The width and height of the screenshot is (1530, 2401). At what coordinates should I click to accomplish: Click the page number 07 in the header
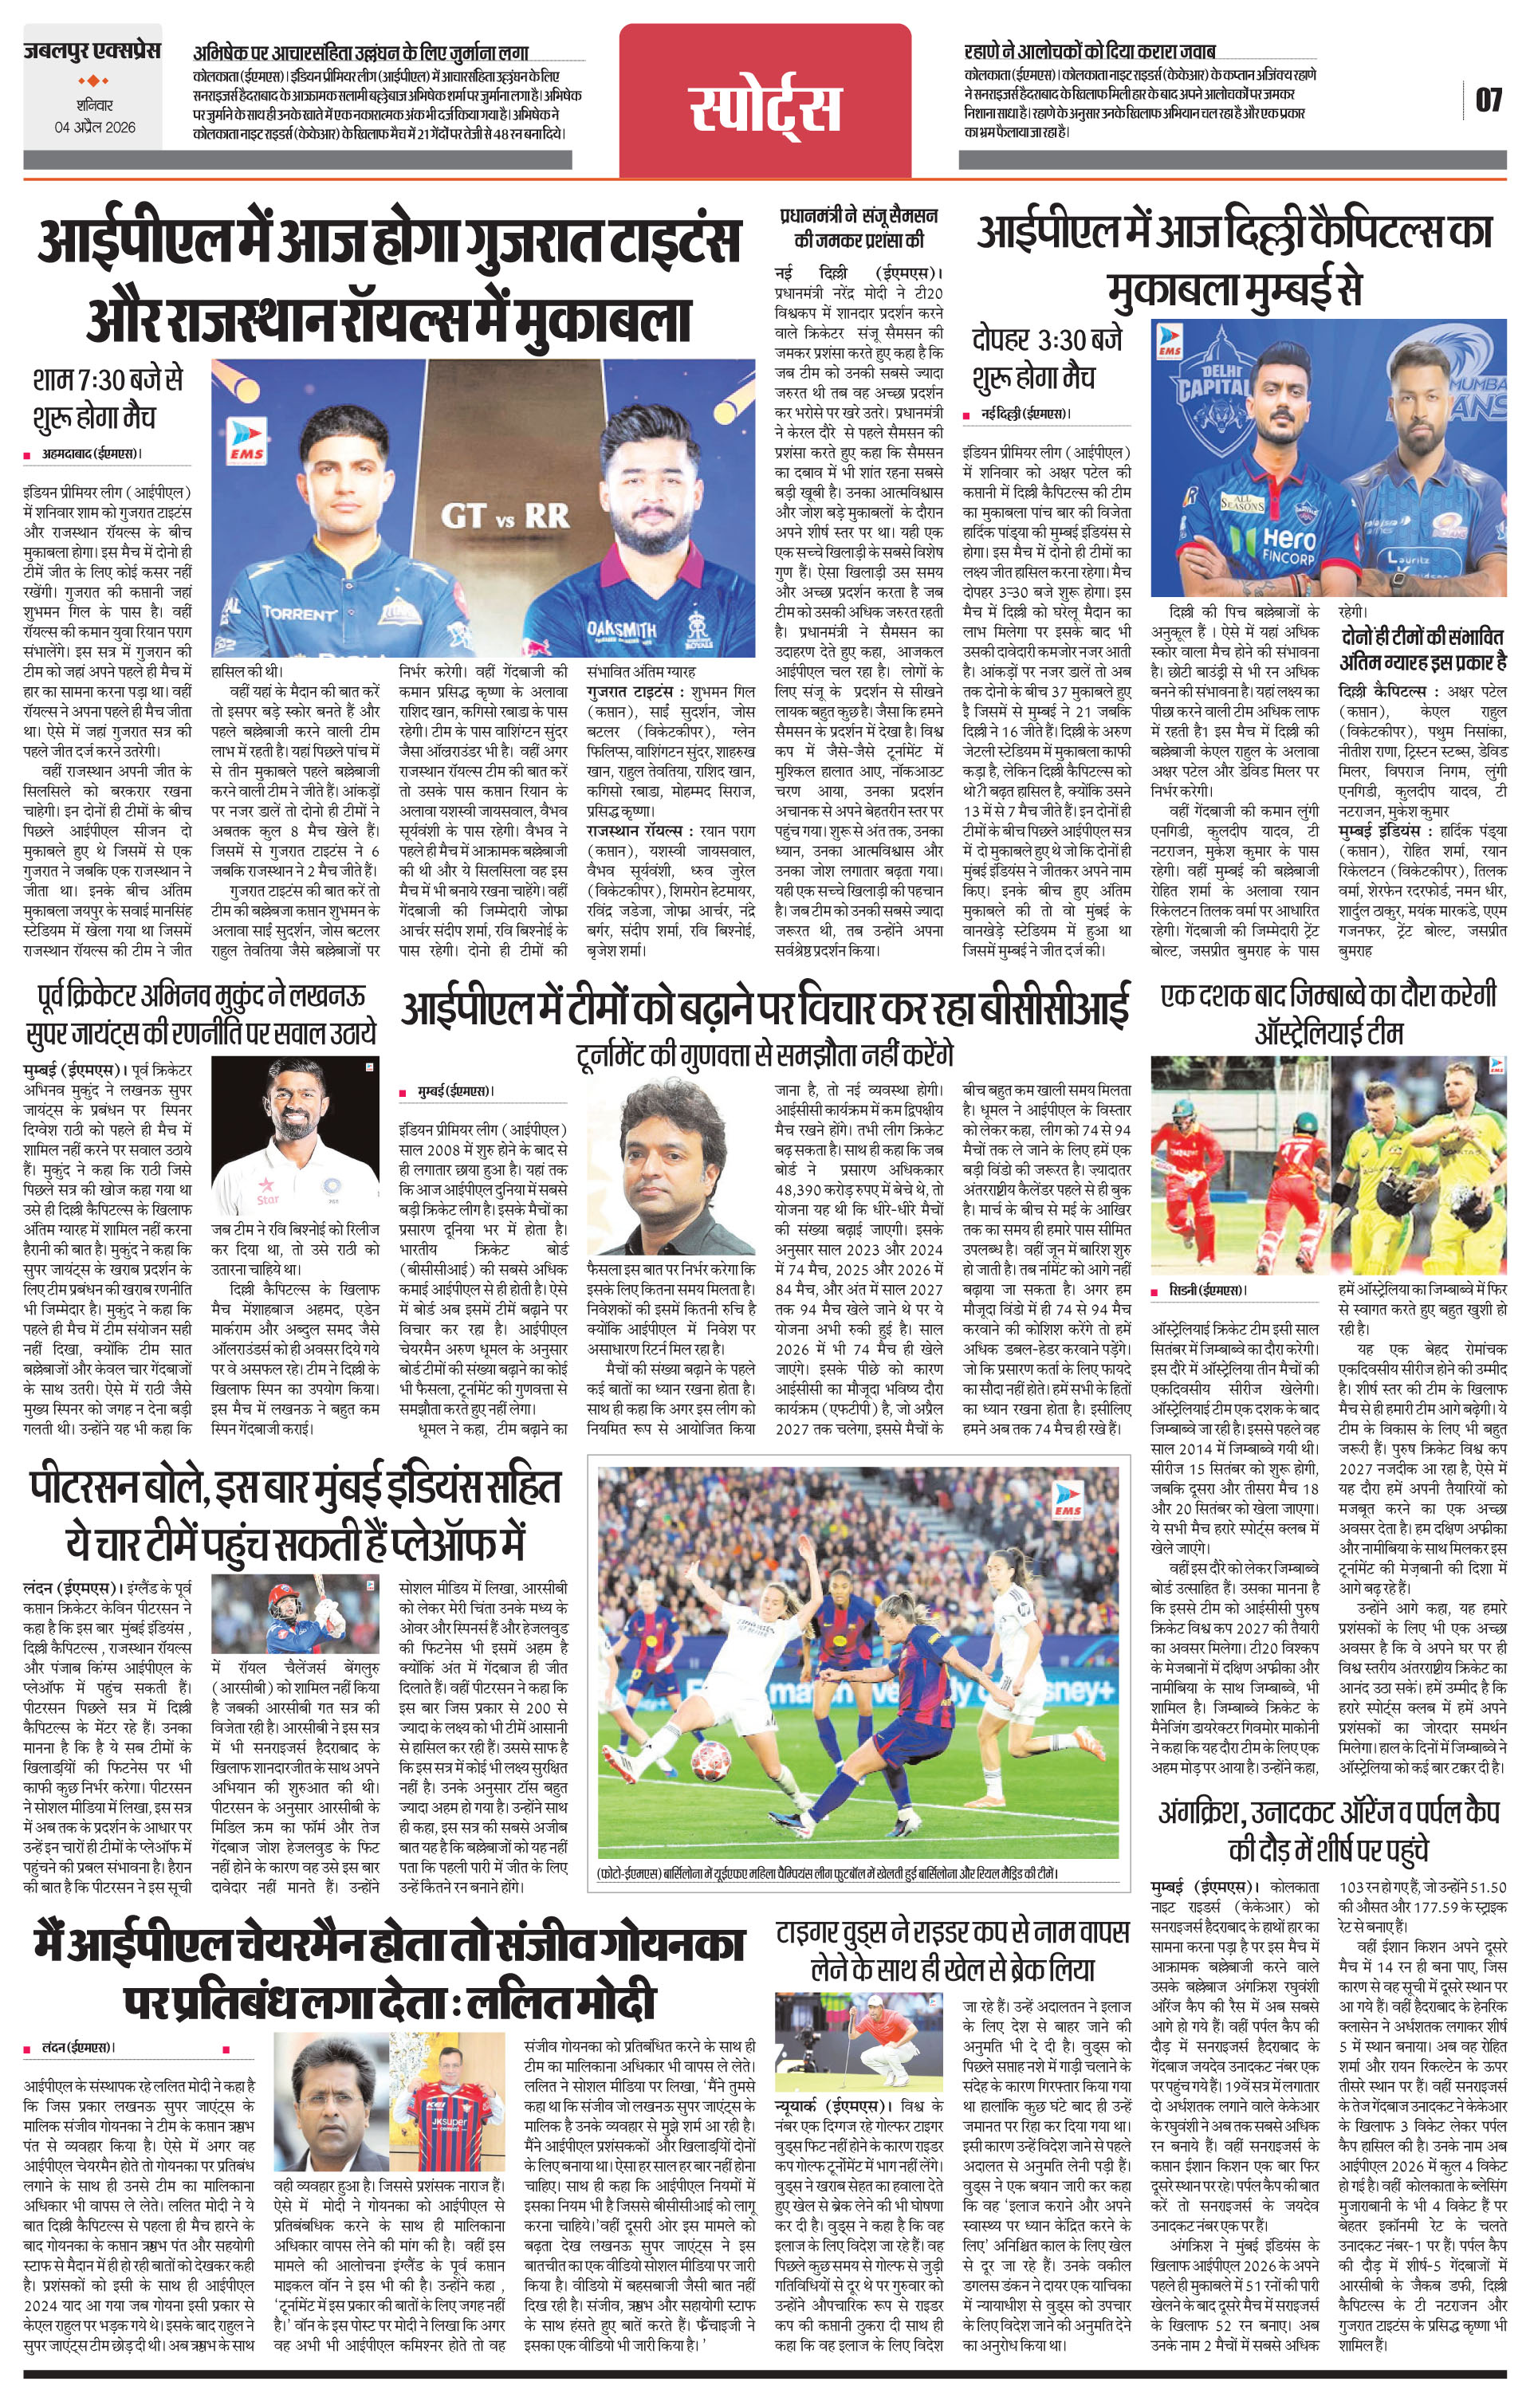(1487, 100)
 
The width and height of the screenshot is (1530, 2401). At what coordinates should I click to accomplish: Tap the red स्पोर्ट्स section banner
(765, 108)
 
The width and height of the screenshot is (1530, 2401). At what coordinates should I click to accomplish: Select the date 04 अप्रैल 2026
(96, 128)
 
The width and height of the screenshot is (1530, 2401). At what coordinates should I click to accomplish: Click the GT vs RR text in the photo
(505, 516)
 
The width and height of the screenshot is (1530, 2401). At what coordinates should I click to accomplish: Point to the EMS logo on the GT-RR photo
(246, 442)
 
